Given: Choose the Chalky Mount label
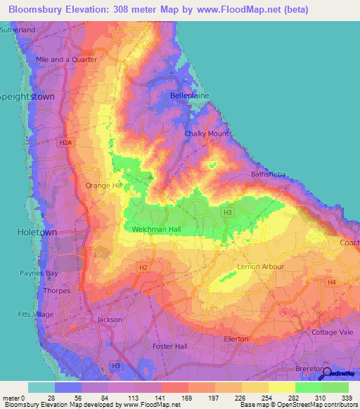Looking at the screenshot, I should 206,134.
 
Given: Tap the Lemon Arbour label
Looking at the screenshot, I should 262,267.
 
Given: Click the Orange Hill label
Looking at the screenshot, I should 103,186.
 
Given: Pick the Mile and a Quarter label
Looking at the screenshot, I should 66,60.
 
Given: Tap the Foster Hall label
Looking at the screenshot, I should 170,346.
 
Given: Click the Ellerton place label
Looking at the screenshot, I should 236,339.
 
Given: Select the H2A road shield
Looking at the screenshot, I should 65,143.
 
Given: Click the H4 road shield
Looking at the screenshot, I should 331,283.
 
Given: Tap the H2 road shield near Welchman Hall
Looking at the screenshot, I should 143,267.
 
